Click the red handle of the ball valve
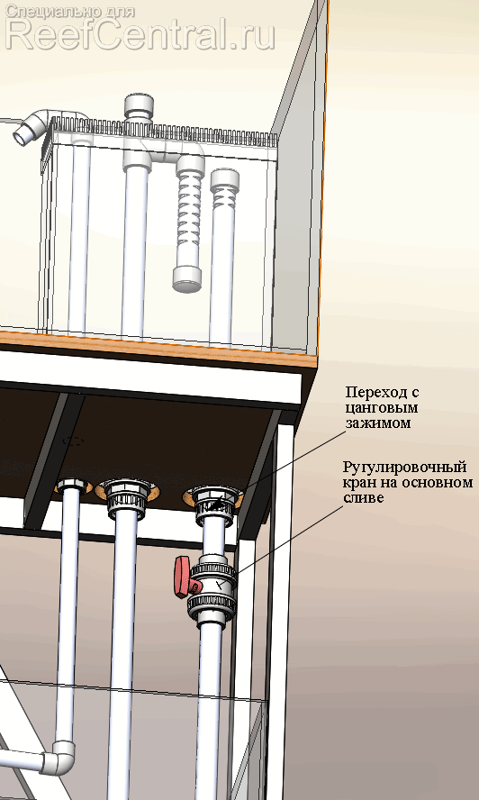[182, 577]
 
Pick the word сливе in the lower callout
[363, 498]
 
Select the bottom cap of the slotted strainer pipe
[186, 279]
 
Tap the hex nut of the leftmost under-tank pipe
[72, 486]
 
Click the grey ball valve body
[212, 586]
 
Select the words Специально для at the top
[70, 11]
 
